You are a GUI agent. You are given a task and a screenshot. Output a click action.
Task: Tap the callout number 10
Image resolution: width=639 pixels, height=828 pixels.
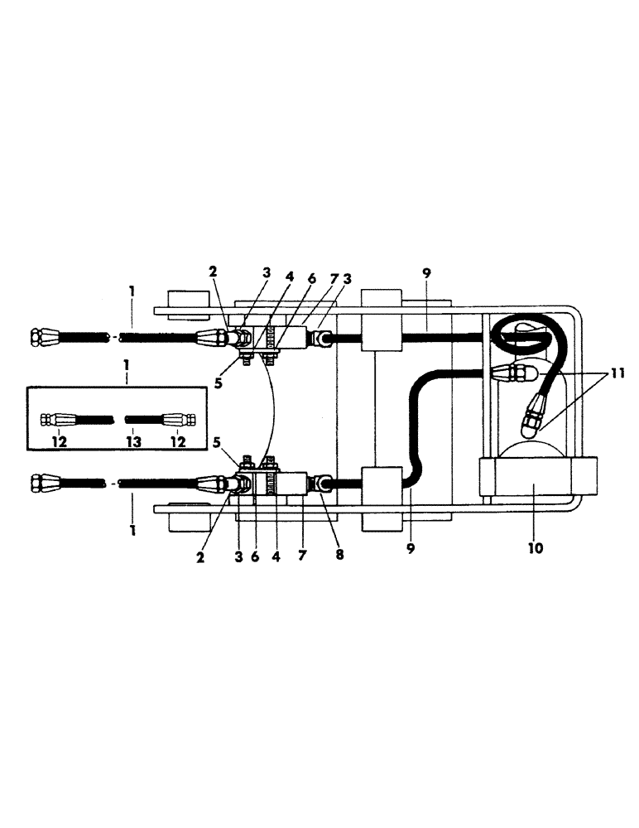tap(535, 547)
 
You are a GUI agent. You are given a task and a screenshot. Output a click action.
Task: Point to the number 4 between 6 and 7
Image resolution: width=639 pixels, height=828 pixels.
tap(276, 557)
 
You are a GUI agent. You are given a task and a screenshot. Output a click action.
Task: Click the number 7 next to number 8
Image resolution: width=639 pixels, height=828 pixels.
tap(302, 557)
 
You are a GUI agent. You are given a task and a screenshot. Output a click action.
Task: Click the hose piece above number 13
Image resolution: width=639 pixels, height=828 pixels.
tap(137, 418)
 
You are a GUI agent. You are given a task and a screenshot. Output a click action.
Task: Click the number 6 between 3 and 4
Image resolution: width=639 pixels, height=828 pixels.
tap(255, 557)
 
